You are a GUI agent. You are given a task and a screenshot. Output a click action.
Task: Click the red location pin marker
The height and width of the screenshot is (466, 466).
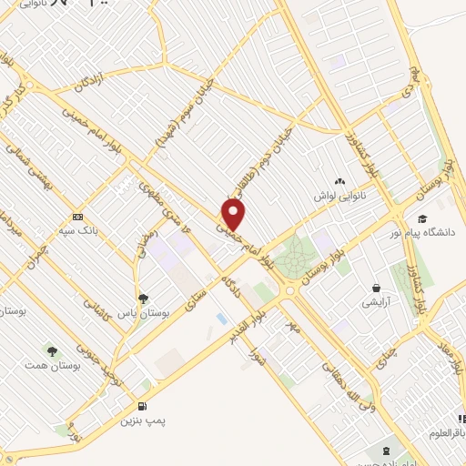coord(234,215)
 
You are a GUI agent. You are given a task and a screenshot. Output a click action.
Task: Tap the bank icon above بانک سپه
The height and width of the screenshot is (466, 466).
coord(78,218)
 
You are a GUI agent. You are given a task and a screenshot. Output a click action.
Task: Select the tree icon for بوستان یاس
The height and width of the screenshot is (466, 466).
coord(143,297)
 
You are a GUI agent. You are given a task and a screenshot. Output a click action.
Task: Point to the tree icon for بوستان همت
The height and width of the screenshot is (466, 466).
coord(51,349)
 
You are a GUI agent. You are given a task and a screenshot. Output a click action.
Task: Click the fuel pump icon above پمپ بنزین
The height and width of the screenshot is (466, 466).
coord(142,406)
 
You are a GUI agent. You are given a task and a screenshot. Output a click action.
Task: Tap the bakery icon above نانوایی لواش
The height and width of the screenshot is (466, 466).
coord(339,182)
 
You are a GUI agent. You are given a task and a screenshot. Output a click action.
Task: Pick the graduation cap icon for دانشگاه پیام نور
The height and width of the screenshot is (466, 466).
coord(422,218)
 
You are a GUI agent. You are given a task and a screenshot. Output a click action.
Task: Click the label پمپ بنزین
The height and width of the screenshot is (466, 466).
coord(143,422)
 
